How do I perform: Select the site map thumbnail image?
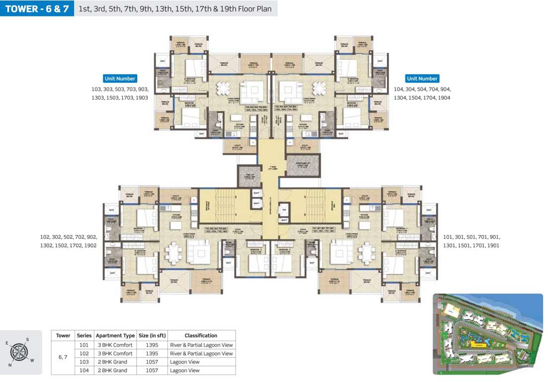tap(487, 334)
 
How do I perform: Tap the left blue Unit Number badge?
tap(120, 79)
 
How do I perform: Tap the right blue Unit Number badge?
tap(422, 79)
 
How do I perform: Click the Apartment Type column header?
tap(115, 336)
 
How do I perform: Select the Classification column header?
tap(201, 336)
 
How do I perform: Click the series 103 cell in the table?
tap(84, 362)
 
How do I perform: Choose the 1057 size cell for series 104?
tap(152, 371)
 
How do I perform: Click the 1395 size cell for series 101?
tap(152, 345)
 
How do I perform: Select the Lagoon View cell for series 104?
tap(184, 371)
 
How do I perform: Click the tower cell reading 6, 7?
tap(63, 358)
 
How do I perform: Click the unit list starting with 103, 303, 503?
tap(120, 94)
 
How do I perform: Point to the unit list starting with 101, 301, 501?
tap(471, 242)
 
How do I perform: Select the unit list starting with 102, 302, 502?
tap(69, 242)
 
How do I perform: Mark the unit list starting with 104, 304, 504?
tap(422, 94)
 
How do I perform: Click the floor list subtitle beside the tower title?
tap(175, 9)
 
